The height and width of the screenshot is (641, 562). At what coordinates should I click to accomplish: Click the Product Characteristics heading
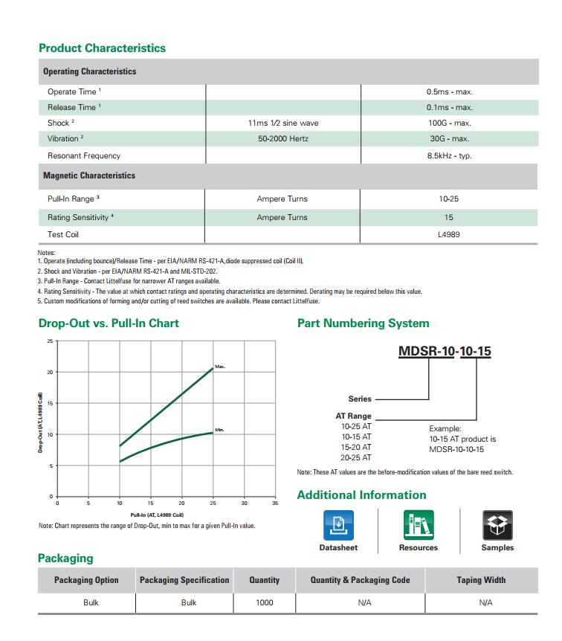[x=102, y=48]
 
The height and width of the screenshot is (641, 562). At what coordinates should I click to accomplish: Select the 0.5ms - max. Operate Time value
[x=449, y=92]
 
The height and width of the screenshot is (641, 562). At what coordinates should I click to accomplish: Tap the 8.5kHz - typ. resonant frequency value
[x=449, y=156]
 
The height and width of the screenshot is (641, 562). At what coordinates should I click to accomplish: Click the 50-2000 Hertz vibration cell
[x=282, y=139]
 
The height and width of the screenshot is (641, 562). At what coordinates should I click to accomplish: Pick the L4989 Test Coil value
[x=449, y=235]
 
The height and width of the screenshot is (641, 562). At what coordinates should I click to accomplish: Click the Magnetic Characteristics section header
[x=89, y=176]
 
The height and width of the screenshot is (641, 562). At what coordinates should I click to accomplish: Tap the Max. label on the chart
[x=220, y=367]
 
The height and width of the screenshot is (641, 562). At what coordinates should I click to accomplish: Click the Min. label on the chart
[x=219, y=430]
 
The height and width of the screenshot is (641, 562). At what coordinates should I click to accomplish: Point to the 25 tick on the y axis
[x=51, y=341]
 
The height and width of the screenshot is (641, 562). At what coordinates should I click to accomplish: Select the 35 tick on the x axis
[x=275, y=503]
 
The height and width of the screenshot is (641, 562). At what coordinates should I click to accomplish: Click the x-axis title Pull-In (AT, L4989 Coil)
[x=157, y=515]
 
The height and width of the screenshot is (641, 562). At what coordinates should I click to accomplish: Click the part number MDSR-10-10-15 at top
[x=445, y=352]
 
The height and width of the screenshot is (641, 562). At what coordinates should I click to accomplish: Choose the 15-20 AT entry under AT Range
[x=356, y=448]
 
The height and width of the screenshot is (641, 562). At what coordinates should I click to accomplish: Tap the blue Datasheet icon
[x=338, y=525]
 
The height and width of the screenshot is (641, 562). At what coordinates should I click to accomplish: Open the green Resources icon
[x=419, y=525]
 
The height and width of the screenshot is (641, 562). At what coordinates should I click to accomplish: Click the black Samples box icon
[x=497, y=525]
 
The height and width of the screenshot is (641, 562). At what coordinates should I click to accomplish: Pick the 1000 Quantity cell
[x=264, y=603]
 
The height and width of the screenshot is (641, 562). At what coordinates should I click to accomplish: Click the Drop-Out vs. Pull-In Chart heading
[x=109, y=323]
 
